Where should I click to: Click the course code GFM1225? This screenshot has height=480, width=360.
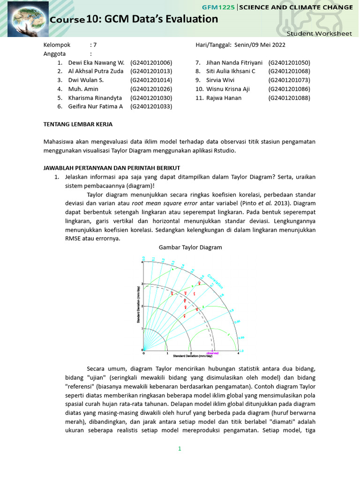(218, 7)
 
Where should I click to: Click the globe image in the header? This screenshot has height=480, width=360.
(24, 18)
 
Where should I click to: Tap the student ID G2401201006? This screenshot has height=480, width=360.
(151, 62)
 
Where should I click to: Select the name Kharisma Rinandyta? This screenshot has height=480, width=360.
(95, 98)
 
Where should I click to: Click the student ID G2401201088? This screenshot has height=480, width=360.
(289, 98)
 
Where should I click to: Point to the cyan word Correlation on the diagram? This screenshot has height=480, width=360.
(215, 280)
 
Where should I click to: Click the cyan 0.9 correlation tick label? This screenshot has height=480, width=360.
(231, 310)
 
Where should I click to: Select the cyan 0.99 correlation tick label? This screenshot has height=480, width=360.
(241, 337)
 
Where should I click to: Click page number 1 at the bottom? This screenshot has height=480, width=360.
(179, 449)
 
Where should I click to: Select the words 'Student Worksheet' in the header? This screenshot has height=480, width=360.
(319, 34)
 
